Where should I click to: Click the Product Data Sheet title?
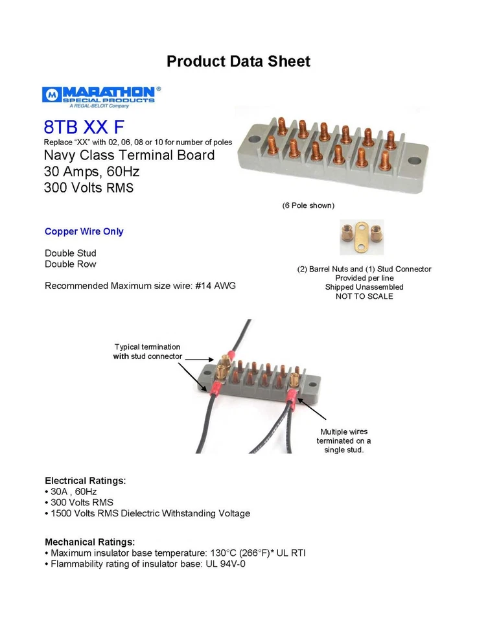(238, 62)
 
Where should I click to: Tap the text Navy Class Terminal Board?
(129, 155)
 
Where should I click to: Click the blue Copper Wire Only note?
(84, 231)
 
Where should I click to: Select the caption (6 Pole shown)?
(308, 205)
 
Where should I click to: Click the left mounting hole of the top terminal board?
(253, 139)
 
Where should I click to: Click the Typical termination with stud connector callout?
(147, 351)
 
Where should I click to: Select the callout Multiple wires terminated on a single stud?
(343, 441)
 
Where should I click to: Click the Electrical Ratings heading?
(85, 481)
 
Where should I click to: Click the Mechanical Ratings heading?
(89, 542)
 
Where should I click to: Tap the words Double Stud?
(70, 253)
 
